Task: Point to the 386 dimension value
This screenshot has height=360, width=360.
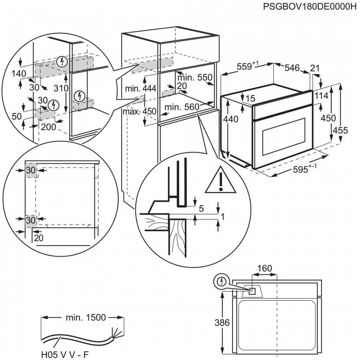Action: pos(222,322)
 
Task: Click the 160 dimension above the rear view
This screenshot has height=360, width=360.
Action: pos(264,269)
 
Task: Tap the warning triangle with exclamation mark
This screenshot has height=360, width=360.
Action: pos(216,182)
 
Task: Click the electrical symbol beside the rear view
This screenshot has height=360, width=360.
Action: pos(222,281)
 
